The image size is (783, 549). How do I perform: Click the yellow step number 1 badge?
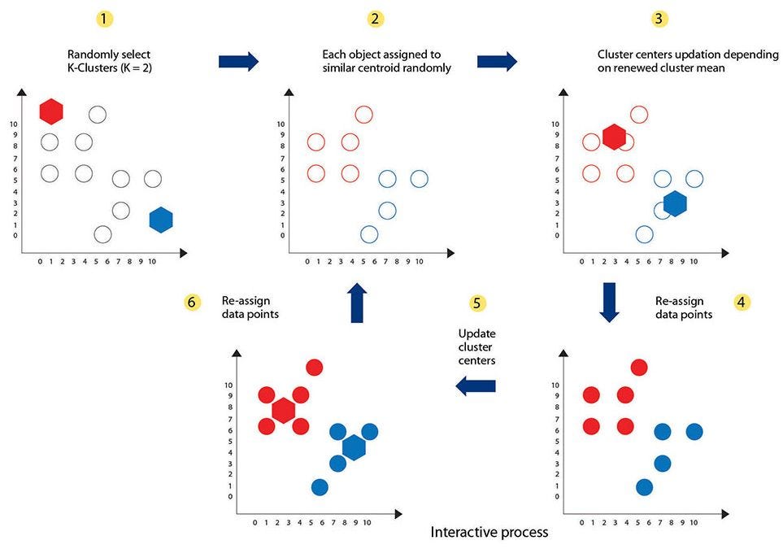(x=103, y=18)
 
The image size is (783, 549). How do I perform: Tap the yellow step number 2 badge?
(x=374, y=18)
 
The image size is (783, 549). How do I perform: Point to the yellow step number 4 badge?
(x=741, y=302)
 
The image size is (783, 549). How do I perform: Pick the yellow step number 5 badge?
(x=478, y=303)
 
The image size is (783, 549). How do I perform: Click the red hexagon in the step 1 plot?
(x=51, y=111)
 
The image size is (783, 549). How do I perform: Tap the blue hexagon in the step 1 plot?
(x=162, y=220)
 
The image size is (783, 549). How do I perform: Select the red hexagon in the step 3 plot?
(x=614, y=137)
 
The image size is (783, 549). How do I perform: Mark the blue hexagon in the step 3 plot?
(x=675, y=203)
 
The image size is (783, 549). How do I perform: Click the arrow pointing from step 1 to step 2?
(x=238, y=61)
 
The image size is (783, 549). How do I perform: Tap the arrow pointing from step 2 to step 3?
(x=497, y=61)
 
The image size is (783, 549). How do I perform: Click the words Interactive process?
(x=489, y=533)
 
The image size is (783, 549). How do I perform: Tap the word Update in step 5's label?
(x=477, y=333)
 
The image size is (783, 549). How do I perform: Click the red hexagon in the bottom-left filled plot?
(x=283, y=410)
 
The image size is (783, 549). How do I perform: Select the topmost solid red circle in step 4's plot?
(x=638, y=368)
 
